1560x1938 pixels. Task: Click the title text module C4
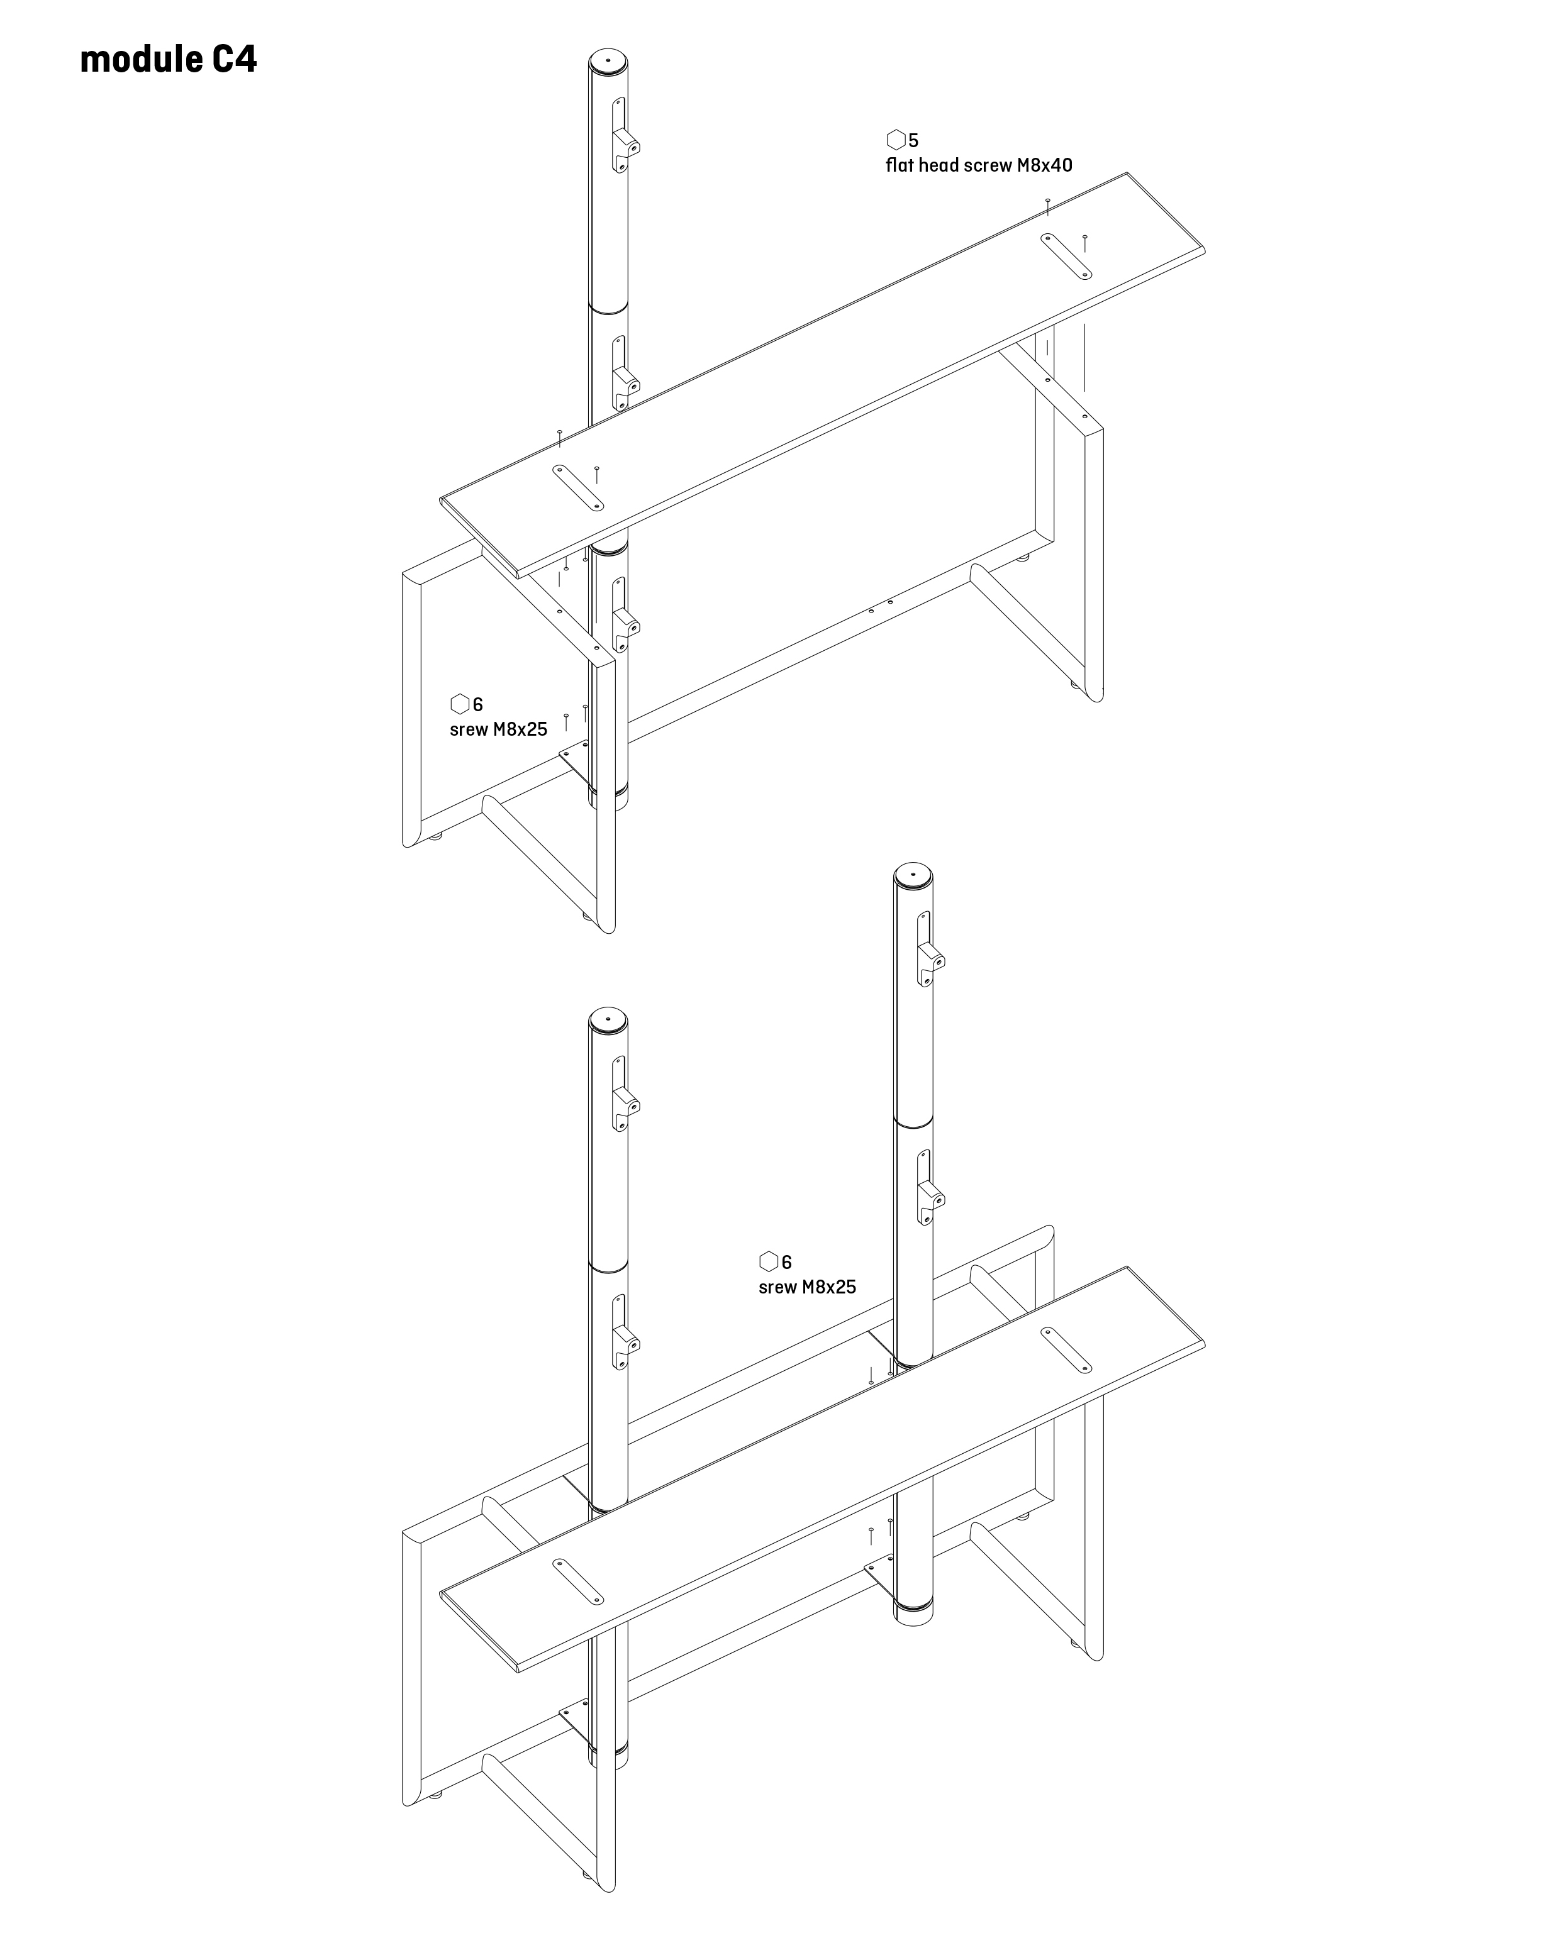168,59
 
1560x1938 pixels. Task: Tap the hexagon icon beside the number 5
896,140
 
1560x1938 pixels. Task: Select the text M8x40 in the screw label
1045,165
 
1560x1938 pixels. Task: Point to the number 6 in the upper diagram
478,704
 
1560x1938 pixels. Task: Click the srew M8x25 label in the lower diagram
808,1287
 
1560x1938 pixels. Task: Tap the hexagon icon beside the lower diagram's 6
769,1261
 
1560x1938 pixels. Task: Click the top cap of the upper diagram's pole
608,64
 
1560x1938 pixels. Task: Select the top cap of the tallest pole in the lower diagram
913,875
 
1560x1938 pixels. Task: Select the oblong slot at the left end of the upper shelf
578,487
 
